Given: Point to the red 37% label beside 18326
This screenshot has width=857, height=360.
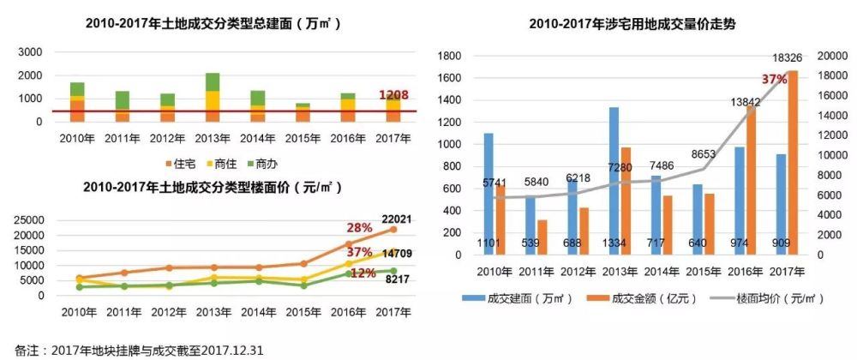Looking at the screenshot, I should [x=774, y=80].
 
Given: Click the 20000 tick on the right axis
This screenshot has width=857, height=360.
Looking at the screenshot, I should [x=830, y=56].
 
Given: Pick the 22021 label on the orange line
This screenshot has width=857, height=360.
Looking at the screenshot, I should [x=402, y=220].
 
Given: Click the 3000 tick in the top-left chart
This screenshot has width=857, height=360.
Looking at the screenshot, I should [x=30, y=52].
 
